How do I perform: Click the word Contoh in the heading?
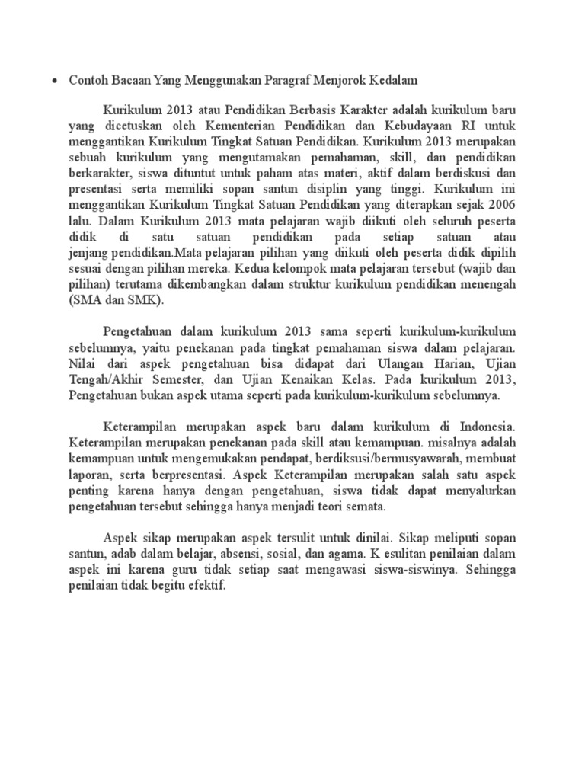coord(87,79)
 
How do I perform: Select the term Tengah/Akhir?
coord(111,381)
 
